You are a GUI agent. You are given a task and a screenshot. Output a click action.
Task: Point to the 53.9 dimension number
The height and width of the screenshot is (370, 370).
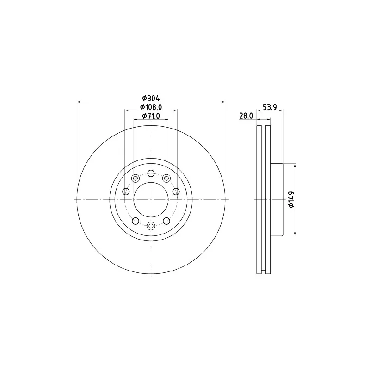click(x=270, y=107)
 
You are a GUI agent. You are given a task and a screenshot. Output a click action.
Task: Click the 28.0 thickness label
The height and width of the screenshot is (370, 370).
click(x=246, y=117)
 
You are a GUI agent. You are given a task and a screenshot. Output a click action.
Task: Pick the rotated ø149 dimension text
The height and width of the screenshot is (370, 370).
click(x=291, y=199)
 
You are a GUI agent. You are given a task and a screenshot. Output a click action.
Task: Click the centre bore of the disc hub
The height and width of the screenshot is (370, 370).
click(x=151, y=199)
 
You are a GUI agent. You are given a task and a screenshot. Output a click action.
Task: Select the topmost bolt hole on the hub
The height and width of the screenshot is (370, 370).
click(x=151, y=173)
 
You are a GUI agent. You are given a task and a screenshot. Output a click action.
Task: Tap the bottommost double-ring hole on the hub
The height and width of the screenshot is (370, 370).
click(x=151, y=226)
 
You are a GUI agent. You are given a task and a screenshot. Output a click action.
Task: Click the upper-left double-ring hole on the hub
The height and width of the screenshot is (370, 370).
click(x=136, y=179)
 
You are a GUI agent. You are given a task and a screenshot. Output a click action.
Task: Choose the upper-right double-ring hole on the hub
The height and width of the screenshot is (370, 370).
click(x=166, y=179)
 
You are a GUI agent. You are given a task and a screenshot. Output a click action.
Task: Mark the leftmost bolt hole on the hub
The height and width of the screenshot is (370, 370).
click(x=126, y=191)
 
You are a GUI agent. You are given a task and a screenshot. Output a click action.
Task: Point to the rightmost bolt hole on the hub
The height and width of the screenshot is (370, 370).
click(x=176, y=191)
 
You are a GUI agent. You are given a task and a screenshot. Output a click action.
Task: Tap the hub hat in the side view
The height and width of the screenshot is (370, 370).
click(x=276, y=199)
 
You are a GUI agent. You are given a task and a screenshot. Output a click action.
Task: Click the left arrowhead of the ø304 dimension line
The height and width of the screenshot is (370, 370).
click(x=79, y=102)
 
